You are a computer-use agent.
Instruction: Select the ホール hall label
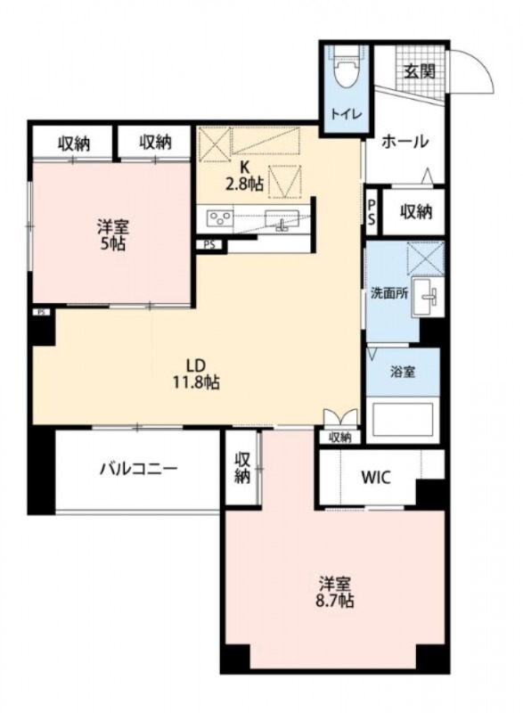[x=405, y=141]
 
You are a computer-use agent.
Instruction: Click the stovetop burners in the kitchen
[x=220, y=217]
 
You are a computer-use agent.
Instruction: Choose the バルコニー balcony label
[x=137, y=468]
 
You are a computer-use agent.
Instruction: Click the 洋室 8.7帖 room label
[x=336, y=593]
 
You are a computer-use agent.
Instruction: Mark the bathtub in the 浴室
[x=403, y=420]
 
